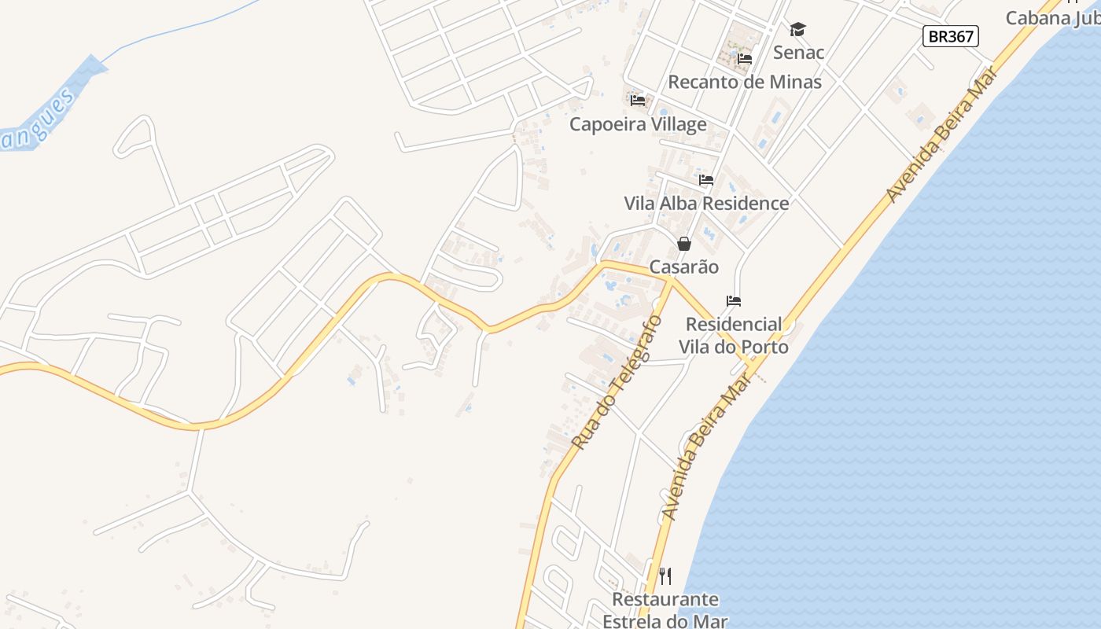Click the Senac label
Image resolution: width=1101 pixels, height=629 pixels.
click(x=798, y=53)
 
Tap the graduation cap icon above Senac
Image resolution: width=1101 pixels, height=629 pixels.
click(x=798, y=30)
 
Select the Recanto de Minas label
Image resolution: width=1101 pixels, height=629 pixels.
click(x=744, y=82)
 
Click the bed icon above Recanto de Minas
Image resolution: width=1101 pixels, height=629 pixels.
click(x=745, y=58)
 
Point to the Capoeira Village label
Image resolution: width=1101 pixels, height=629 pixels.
click(x=638, y=124)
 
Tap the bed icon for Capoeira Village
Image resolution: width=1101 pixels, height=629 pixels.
click(x=638, y=100)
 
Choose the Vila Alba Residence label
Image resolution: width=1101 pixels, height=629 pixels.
click(x=706, y=203)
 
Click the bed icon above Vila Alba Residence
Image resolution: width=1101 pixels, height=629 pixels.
click(x=706, y=180)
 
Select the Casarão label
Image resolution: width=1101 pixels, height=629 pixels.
click(x=684, y=267)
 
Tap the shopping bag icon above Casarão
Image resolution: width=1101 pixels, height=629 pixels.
click(x=684, y=244)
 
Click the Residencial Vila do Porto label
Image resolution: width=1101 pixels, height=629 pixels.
click(x=734, y=336)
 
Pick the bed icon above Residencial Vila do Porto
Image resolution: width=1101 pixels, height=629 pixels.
click(x=734, y=300)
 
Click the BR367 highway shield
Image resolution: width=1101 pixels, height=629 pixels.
click(x=951, y=35)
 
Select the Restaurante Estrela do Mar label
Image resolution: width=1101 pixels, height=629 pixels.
click(x=665, y=609)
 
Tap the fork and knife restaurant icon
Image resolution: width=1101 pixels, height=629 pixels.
click(x=665, y=576)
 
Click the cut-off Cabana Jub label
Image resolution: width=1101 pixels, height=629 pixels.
click(x=1052, y=17)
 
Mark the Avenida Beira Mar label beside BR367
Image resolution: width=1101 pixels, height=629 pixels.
click(x=941, y=135)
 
